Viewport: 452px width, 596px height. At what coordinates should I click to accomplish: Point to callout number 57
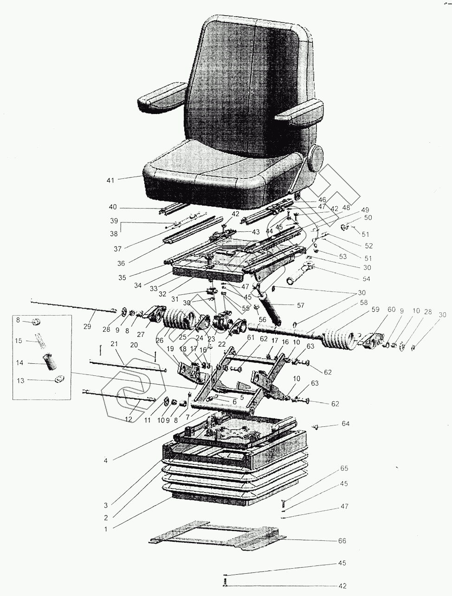point(301,305)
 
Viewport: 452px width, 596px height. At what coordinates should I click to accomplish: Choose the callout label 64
point(346,424)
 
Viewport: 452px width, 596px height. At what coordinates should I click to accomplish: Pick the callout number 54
point(367,279)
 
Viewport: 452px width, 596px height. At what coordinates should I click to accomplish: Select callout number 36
point(121,263)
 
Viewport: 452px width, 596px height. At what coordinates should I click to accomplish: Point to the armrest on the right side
point(299,113)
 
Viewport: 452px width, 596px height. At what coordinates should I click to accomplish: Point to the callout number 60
point(391,310)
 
